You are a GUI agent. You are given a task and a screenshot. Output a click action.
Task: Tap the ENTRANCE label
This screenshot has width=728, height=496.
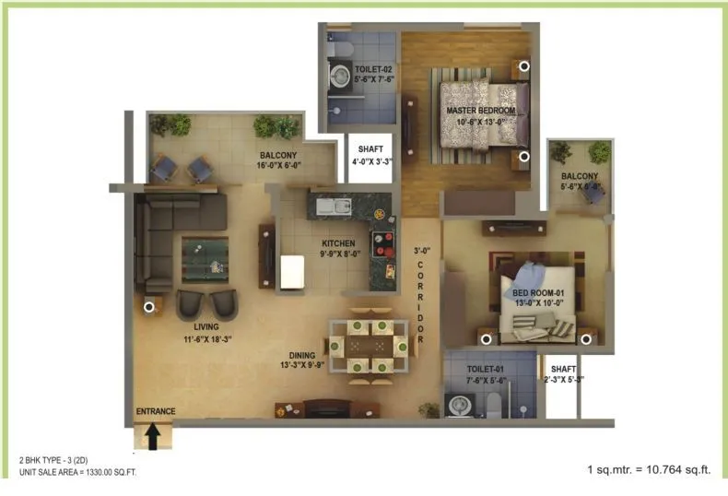[155, 411]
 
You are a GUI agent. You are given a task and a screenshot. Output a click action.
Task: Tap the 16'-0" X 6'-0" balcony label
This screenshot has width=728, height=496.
[277, 161]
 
